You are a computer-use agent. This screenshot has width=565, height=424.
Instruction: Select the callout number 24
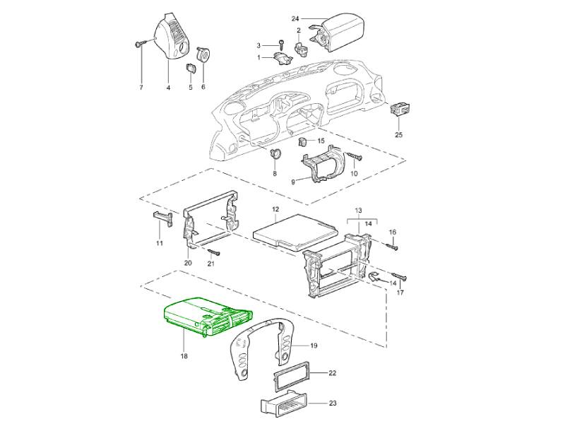[x=295, y=19]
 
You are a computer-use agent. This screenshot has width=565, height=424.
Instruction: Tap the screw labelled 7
[x=140, y=44]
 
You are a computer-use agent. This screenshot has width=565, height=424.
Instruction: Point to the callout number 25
[x=398, y=135]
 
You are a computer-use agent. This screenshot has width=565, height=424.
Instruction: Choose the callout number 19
[x=314, y=346]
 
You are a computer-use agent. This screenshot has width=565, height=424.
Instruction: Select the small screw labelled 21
[x=213, y=252]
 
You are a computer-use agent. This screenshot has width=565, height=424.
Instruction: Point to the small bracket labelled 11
[x=162, y=218]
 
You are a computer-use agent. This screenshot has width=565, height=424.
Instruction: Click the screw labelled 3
[x=281, y=45]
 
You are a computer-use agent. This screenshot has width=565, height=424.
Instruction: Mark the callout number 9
[x=293, y=182]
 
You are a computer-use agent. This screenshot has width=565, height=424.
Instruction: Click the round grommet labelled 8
[x=275, y=153]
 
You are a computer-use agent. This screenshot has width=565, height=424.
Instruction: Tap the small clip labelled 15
[x=303, y=142]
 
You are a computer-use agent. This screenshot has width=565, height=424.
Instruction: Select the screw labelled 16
[x=392, y=247]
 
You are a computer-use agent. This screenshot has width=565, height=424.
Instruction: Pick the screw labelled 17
[x=400, y=277]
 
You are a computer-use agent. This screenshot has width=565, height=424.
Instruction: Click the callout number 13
[x=359, y=210]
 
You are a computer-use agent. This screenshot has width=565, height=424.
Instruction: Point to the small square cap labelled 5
[x=191, y=68]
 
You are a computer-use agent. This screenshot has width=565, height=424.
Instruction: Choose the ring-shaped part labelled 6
[x=203, y=55]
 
